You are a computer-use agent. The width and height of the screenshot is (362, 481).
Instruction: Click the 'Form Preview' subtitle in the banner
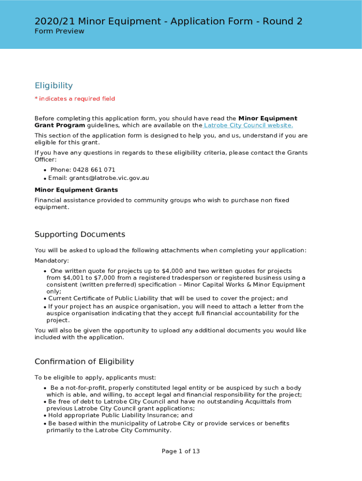[x=59, y=31]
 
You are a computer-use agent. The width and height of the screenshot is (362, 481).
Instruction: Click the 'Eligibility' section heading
[x=54, y=85]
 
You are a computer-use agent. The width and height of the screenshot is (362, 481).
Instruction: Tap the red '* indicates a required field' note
[x=75, y=99]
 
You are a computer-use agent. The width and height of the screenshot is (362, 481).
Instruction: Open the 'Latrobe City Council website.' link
[x=248, y=125]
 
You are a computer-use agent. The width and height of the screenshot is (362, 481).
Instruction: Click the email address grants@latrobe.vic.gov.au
[x=109, y=178]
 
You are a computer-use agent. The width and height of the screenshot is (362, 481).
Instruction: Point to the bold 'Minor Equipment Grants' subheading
[x=76, y=190]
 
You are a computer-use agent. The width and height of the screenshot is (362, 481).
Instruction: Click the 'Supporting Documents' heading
[x=80, y=234]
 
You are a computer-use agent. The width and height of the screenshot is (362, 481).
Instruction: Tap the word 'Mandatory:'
[x=52, y=261]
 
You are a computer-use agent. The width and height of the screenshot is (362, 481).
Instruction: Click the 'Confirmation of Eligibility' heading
[x=84, y=362]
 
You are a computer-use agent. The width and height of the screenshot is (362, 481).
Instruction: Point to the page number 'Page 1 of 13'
[x=181, y=451]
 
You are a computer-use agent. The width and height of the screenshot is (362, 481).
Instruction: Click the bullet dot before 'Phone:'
[x=45, y=170]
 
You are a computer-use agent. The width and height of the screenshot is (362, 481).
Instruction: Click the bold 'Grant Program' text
[x=60, y=125]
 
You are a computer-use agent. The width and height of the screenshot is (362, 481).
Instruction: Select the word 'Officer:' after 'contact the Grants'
[x=46, y=160]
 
